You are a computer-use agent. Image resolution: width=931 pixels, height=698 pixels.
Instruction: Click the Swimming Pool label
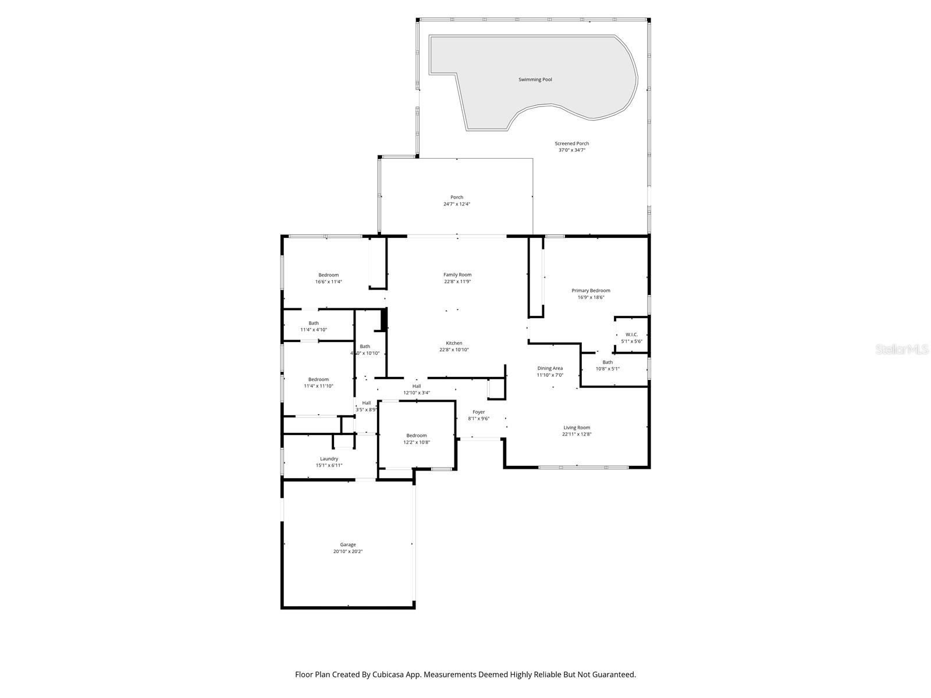535,80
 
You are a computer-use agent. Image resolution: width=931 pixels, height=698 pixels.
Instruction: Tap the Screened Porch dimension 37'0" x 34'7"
571,150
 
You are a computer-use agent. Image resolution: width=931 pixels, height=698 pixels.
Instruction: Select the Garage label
348,544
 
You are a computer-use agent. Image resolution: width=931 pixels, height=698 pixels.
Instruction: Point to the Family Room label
457,275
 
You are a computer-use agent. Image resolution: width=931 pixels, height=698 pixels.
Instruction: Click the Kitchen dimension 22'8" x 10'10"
454,350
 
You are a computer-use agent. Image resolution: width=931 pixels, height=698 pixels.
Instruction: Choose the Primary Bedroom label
591,290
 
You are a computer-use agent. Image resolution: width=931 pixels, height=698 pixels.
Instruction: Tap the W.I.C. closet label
631,334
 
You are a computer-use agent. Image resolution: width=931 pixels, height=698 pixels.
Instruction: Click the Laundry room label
329,458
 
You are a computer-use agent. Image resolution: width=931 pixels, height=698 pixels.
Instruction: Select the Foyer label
478,412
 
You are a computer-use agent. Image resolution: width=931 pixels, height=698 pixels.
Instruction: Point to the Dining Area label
549,368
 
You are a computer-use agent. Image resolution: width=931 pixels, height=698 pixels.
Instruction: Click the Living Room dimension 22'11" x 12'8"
577,435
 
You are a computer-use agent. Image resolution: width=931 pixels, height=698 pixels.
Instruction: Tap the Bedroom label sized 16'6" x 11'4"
328,275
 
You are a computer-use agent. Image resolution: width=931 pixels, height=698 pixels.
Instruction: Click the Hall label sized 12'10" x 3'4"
417,386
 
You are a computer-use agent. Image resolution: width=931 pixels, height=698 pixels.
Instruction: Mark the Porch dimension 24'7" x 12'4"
457,204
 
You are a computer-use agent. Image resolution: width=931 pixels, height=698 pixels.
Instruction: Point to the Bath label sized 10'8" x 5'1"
607,362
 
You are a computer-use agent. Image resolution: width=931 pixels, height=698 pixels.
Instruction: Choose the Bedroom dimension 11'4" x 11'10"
318,386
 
